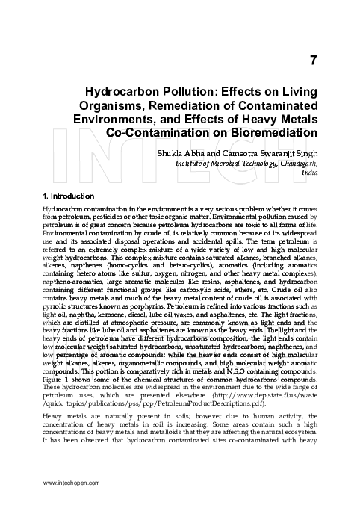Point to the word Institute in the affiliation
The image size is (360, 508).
pyautogui.click(x=191, y=162)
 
